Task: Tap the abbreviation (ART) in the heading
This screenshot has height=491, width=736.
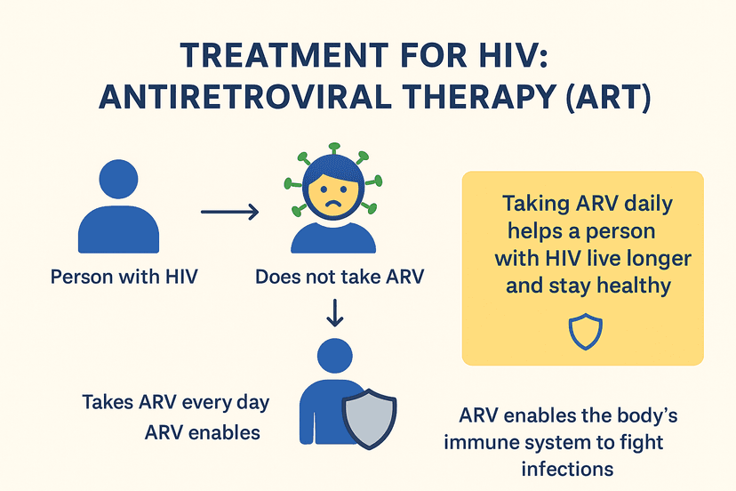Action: click(609, 97)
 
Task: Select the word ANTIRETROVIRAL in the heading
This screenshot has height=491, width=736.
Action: click(245, 97)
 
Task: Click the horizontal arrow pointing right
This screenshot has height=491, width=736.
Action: click(230, 212)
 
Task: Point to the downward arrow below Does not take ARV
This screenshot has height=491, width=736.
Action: click(335, 312)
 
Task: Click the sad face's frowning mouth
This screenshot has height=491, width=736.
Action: click(333, 204)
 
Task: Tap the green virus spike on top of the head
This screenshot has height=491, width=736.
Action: click(333, 149)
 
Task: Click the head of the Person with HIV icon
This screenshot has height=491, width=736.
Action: click(119, 179)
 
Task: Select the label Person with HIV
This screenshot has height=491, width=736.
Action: click(124, 277)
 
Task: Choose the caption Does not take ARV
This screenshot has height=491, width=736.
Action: click(340, 277)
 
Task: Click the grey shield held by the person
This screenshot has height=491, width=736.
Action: click(369, 418)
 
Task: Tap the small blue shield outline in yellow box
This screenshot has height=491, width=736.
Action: click(585, 332)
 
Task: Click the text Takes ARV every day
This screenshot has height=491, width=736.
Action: click(175, 403)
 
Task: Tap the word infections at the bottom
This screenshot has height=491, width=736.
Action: click(567, 469)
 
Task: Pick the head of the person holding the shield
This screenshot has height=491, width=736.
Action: click(335, 356)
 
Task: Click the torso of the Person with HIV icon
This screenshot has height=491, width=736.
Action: click(119, 230)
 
